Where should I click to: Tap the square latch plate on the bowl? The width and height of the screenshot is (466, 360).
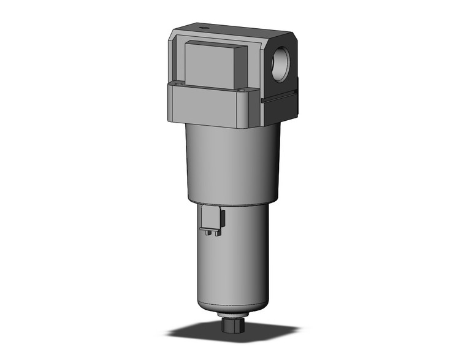211,219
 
